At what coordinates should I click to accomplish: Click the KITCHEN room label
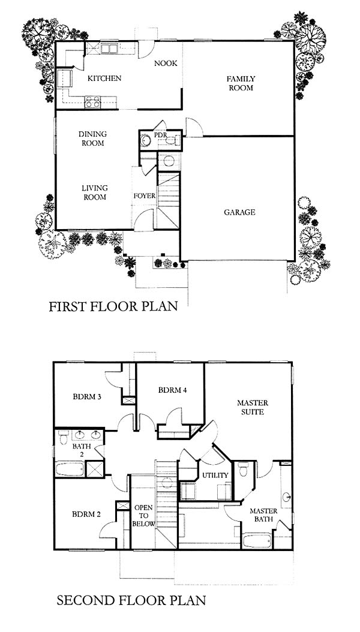pos(104,78)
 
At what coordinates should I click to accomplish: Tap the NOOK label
pos(166,64)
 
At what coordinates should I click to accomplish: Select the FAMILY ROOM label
pos(241,83)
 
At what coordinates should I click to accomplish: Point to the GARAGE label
pos(239,212)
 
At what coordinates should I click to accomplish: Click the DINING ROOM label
pos(93,139)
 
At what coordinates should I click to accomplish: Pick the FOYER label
pos(145,196)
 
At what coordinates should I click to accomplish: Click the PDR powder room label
pos(160,135)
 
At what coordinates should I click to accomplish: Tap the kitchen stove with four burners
pos(93,101)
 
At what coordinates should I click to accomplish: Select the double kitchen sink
pos(109,49)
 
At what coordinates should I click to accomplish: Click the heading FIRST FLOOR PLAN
pos(113,306)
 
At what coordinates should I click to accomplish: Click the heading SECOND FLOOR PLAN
pos(131,601)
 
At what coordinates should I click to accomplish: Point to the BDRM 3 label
pos(86,396)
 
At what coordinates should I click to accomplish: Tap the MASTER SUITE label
pos(253,407)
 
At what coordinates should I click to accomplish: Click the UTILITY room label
pos(215,475)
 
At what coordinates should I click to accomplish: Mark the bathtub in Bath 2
pos(70,469)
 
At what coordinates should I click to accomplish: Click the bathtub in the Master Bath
pos(257,540)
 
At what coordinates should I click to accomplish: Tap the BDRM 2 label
pos(86,514)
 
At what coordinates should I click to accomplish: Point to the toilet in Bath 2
pos(63,437)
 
